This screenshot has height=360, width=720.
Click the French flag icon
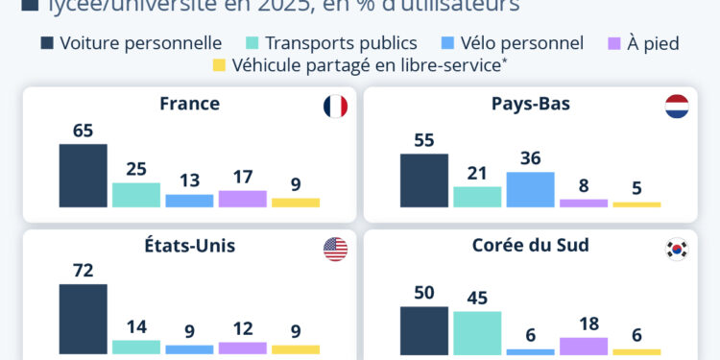tap(335, 107)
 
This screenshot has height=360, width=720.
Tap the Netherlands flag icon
tap(677, 107)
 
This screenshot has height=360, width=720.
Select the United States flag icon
tap(335, 250)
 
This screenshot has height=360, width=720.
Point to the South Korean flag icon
tap(677, 250)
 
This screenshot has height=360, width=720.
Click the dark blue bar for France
tap(84, 176)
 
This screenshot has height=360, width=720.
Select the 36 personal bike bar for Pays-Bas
tap(530, 189)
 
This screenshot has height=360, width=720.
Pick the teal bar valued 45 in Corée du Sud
tap(477, 332)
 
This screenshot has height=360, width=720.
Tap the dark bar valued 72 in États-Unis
tap(84, 319)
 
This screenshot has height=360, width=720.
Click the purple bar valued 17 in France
tap(242, 199)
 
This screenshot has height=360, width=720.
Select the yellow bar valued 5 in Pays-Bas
tap(636, 204)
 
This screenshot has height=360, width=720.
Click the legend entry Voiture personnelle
tap(131, 43)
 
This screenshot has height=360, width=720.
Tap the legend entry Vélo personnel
tap(512, 43)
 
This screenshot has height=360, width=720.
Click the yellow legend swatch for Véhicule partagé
tap(219, 65)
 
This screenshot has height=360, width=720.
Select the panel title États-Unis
tap(190, 246)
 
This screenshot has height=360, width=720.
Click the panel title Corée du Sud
tap(531, 246)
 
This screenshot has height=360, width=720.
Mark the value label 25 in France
tap(136, 169)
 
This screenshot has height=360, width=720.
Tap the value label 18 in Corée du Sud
tap(584, 324)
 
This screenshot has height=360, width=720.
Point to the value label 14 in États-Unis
tap(136, 326)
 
